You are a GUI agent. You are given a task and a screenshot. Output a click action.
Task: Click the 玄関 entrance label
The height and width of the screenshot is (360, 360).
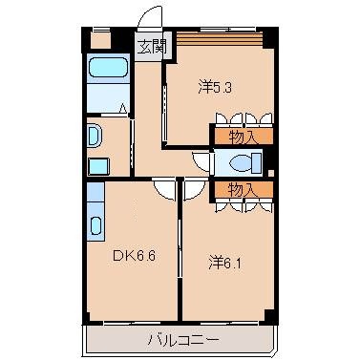pos(148,46)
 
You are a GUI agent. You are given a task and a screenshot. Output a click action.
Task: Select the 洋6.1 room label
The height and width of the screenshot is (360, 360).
pos(226,258)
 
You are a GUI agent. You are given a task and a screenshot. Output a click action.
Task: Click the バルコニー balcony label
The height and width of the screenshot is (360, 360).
pos(183,338)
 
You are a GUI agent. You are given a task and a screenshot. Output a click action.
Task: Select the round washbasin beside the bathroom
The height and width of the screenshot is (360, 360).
pos(94,136)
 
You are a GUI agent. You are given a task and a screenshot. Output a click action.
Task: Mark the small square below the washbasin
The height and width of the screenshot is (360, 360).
pos(95,166)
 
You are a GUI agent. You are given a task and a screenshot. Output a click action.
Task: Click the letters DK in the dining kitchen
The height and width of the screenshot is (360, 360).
pos(122,255)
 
